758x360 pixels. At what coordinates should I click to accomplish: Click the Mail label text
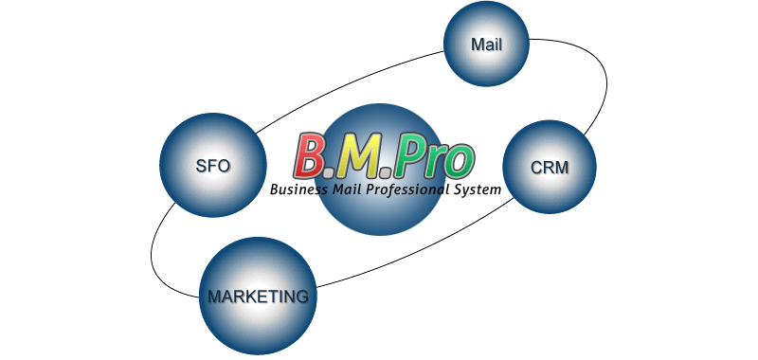[x=487, y=45]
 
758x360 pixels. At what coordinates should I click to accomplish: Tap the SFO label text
[x=212, y=166]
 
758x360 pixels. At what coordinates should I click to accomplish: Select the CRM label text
[x=550, y=168]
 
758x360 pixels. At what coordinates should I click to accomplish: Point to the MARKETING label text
[x=258, y=297]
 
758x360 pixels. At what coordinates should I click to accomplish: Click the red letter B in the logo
[x=311, y=155]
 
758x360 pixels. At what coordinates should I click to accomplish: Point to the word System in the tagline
[x=478, y=189]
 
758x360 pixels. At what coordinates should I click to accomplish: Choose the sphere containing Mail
[x=486, y=44]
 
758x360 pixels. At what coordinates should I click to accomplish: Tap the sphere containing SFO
[x=212, y=165]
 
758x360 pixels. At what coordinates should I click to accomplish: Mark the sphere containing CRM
[x=550, y=167]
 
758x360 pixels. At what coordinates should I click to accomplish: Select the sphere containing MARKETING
[x=258, y=297]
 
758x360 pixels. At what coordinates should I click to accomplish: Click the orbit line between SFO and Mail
[x=347, y=87]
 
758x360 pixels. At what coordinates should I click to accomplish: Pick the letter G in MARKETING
[x=300, y=297]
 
